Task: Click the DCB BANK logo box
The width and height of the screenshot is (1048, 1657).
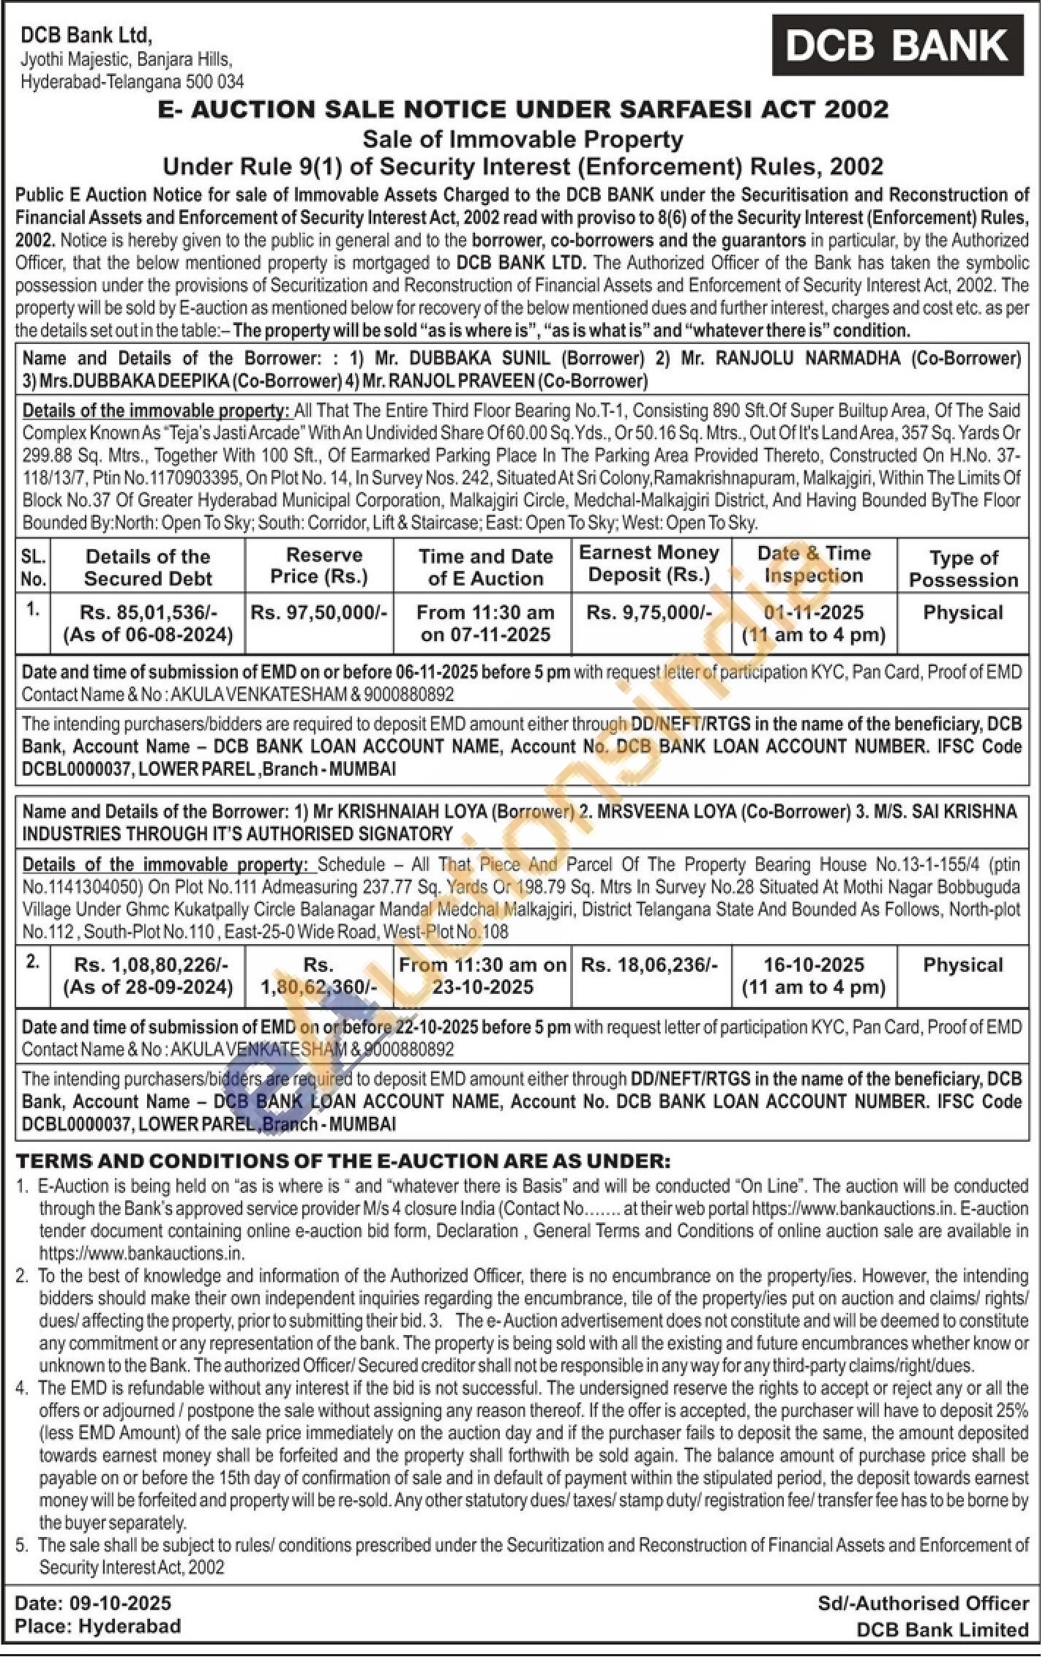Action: click(897, 45)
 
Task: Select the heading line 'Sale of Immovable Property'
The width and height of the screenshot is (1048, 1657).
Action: click(523, 138)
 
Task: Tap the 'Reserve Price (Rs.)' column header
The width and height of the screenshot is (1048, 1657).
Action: click(319, 565)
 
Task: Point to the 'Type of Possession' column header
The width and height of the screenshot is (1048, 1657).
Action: click(963, 569)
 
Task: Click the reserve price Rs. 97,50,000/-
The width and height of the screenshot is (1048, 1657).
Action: click(319, 613)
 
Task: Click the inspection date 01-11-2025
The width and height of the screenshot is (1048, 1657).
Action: click(813, 613)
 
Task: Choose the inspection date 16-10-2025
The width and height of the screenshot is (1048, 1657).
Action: click(813, 965)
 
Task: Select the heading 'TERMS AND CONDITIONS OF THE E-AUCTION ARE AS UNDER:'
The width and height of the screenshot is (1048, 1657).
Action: click(343, 1162)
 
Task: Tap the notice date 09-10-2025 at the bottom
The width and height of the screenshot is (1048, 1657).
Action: click(121, 1604)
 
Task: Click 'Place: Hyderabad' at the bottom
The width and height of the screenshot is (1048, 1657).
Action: click(97, 1626)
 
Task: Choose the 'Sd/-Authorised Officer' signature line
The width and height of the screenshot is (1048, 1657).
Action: click(923, 1604)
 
